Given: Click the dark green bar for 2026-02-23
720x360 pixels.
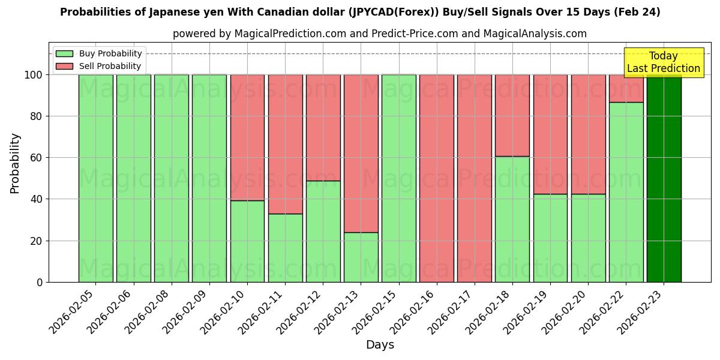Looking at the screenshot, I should tap(664, 180).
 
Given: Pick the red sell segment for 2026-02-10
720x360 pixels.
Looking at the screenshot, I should tap(247, 137).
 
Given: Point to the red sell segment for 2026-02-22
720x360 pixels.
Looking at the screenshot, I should tap(626, 88).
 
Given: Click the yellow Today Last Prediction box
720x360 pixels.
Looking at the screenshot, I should tap(664, 62).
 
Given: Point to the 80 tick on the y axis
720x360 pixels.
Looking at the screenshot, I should tap(37, 116).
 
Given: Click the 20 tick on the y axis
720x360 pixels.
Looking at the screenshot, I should tap(37, 241).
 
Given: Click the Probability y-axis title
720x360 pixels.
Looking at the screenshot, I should tap(15, 163).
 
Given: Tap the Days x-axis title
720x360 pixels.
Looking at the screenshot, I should tap(380, 345).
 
